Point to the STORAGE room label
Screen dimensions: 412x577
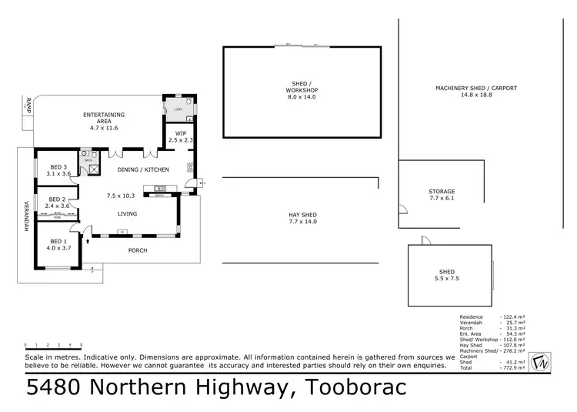[442, 191]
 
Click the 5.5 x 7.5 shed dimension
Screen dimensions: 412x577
[447, 280]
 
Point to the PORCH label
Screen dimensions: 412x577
[137, 250]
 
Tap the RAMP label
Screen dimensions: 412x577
[27, 106]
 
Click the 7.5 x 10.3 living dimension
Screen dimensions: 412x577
[120, 196]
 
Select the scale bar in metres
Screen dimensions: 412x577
[53, 346]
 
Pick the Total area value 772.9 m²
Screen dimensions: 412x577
[512, 368]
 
